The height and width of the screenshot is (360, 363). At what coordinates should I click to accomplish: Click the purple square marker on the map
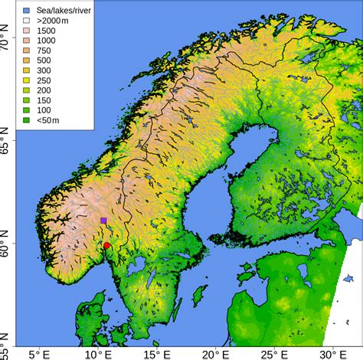(x=103, y=221)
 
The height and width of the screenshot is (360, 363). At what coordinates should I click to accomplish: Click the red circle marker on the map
(x=106, y=245)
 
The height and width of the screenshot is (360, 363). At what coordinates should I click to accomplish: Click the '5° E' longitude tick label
(x=41, y=353)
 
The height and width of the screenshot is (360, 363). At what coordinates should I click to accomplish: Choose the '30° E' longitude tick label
(x=333, y=353)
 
